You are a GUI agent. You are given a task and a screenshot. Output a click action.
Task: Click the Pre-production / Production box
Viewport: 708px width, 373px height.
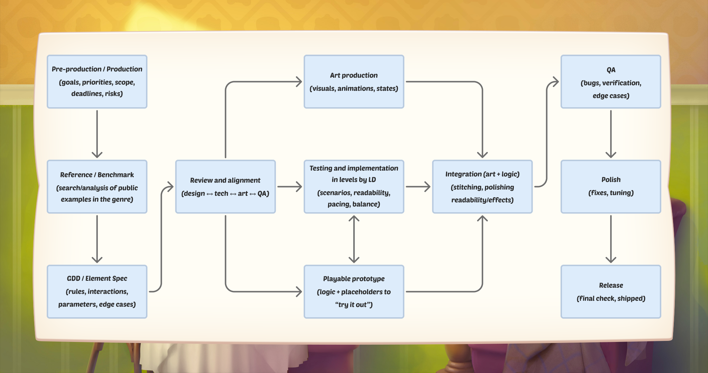(97, 82)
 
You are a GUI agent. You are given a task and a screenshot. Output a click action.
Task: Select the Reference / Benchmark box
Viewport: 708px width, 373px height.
(97, 186)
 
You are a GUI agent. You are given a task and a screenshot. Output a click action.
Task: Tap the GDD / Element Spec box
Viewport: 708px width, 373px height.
(97, 291)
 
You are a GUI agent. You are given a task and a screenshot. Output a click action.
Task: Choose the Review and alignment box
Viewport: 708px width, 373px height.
(225, 186)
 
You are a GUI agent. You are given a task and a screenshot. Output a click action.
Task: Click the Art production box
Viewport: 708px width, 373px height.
(354, 82)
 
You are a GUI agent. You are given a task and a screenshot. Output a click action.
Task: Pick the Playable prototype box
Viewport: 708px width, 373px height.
(354, 291)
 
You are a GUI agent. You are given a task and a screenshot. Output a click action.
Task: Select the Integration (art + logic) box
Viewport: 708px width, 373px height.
(482, 186)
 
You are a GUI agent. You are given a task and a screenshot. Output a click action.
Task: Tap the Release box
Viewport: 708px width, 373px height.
(611, 291)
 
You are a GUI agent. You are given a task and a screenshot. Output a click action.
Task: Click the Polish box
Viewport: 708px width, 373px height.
(611, 186)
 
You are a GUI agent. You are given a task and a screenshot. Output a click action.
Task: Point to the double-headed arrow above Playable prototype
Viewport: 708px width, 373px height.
(354, 239)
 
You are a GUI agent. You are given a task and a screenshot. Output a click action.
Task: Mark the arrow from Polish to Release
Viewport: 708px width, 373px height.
(611, 239)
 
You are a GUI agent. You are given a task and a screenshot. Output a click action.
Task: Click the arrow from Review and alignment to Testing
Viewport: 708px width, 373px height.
(290, 186)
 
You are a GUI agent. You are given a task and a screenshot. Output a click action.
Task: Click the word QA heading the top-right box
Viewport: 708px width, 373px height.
(611, 70)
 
